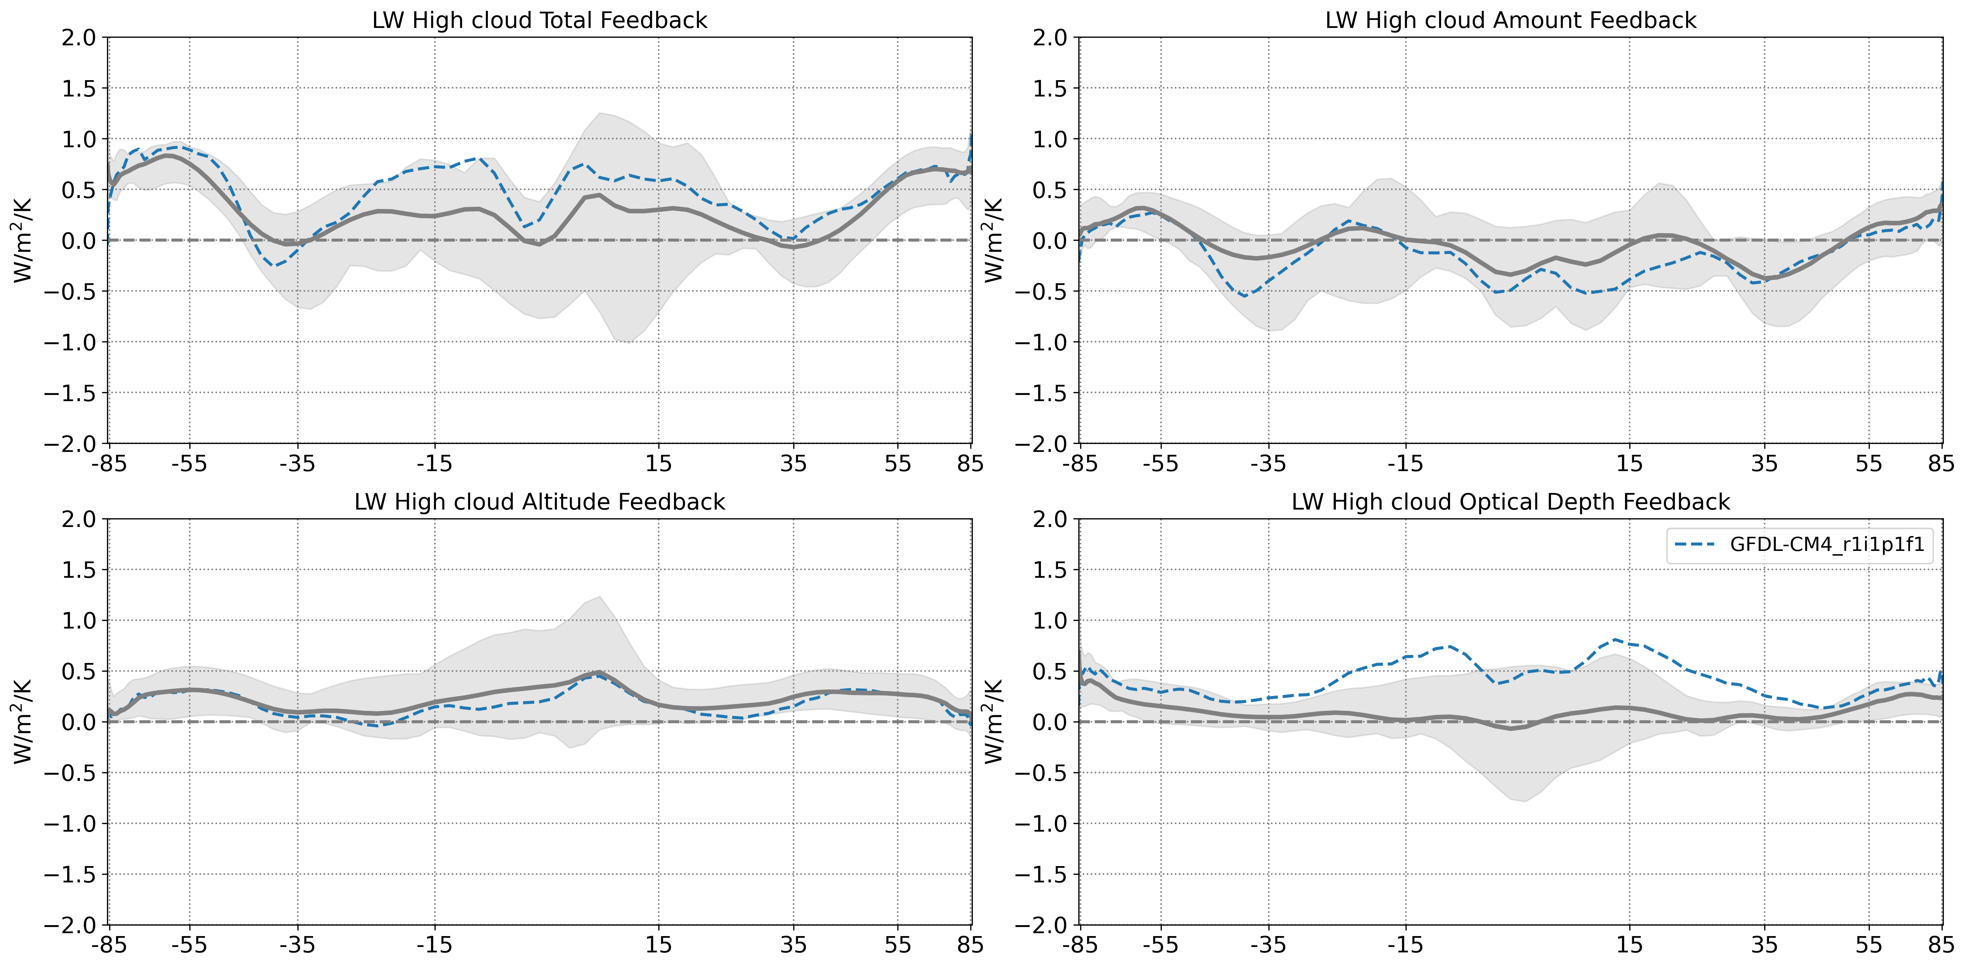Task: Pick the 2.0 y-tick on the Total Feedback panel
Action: [x=79, y=37]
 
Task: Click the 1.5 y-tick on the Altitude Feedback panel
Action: [x=79, y=569]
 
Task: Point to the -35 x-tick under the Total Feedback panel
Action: [x=297, y=464]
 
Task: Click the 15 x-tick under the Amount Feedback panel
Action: [x=1629, y=464]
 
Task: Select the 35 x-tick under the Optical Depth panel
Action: [x=1764, y=945]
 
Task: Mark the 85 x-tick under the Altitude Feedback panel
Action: [x=970, y=945]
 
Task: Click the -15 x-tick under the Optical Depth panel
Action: [x=1405, y=945]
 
